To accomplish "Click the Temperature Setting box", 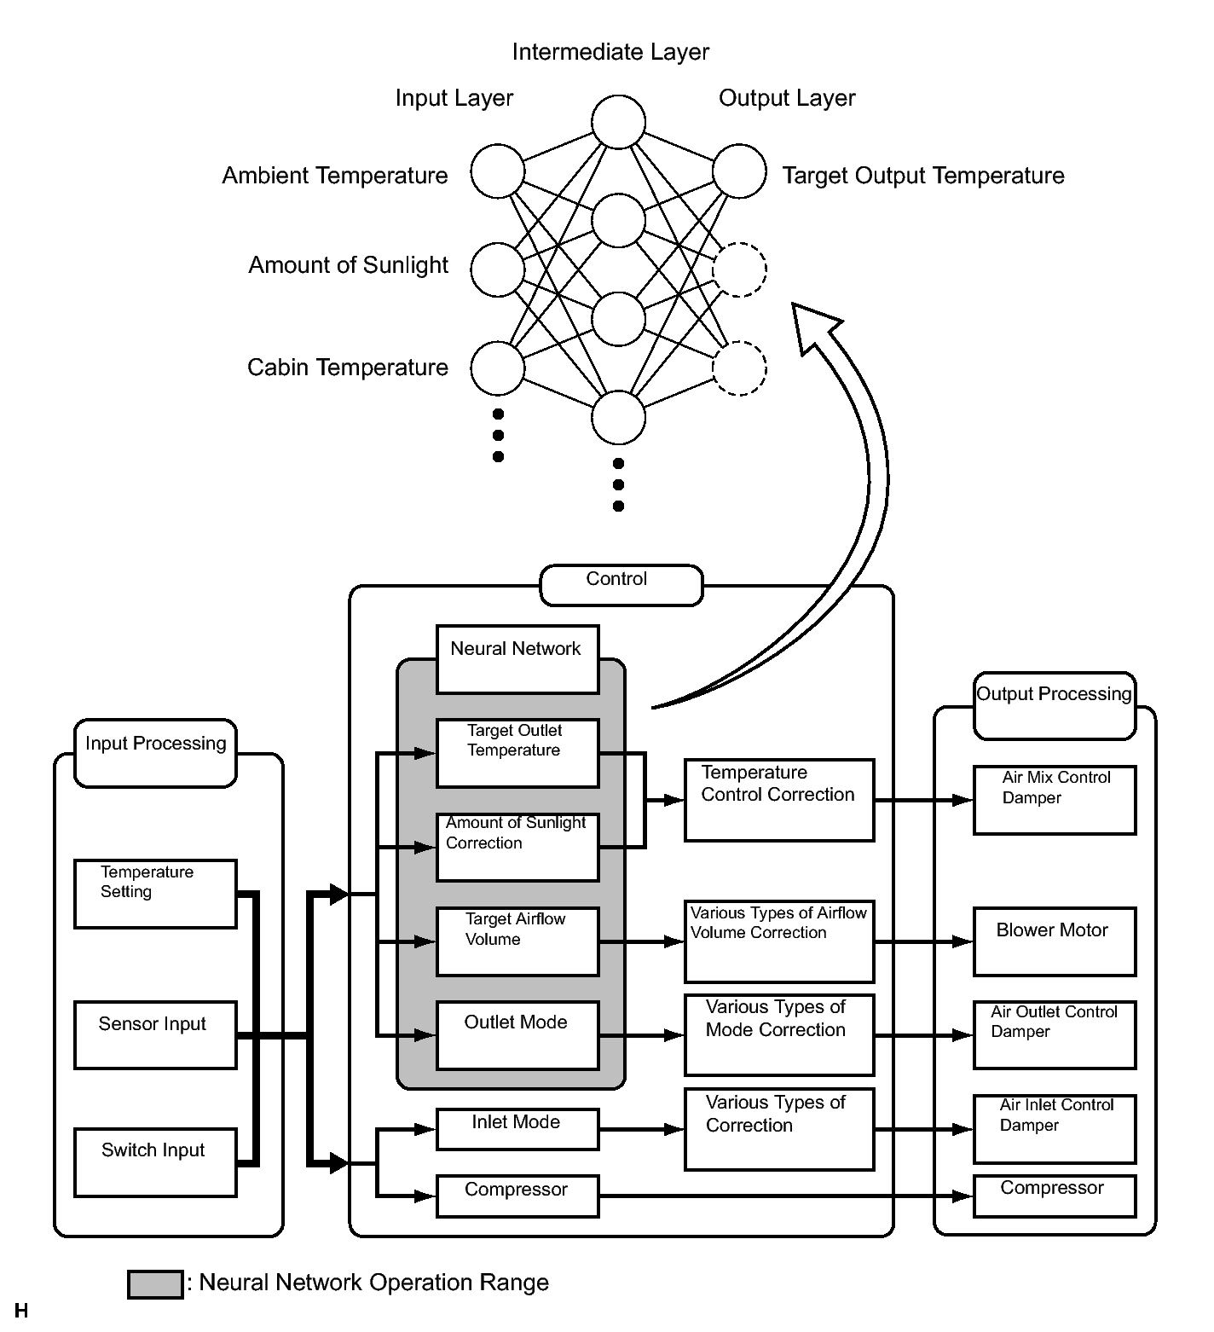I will pos(155,894).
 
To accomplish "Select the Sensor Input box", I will pos(155,1035).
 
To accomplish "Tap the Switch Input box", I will pos(155,1161).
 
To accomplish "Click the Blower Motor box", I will pos(1055,941).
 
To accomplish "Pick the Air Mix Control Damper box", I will pos(1055,800).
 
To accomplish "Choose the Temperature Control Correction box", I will pos(779,800).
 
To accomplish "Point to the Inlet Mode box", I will pos(517,1129).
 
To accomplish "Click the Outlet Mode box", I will pos(517,1035).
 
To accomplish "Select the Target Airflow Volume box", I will pos(517,941).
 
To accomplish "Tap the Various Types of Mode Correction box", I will pos(779,1035).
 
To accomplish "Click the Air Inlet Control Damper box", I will pos(1055,1129).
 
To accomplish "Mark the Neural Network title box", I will pos(517,659).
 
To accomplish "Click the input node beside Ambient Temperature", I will pos(498,171).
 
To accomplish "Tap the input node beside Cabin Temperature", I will pos(498,368).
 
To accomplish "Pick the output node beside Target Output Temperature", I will pos(739,171).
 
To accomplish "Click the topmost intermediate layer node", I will pos(619,122).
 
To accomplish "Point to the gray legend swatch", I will pos(155,1284).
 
